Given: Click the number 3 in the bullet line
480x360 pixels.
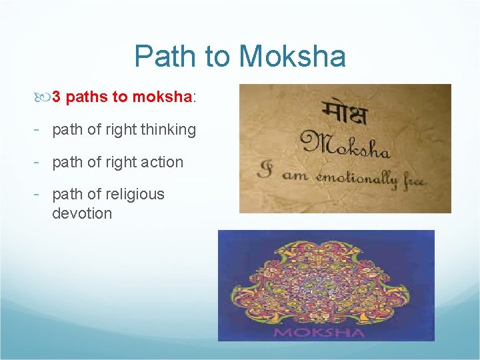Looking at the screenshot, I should click(x=57, y=97).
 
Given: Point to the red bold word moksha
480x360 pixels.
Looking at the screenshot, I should click(x=162, y=97).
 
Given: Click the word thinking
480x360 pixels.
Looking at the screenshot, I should click(x=167, y=130).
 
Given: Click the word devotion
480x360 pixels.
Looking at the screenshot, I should click(x=82, y=213).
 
